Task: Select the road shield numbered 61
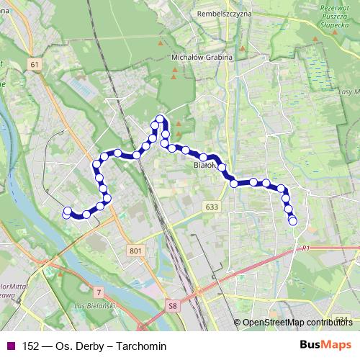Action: [35, 65]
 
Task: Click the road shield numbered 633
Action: [211, 207]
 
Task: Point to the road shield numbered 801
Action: [135, 250]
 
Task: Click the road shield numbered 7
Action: [98, 292]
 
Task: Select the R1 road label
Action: [305, 248]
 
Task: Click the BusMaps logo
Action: [326, 346]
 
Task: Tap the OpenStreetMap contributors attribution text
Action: [297, 323]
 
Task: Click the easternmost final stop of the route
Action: [293, 221]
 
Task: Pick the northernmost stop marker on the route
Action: [160, 120]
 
